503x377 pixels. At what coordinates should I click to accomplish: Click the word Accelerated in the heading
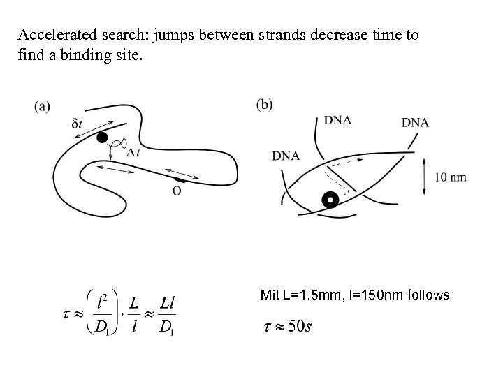(x=51, y=35)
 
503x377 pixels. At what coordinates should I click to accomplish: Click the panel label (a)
(x=42, y=106)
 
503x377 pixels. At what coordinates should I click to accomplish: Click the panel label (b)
(x=265, y=105)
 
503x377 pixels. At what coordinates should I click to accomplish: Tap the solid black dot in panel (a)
(x=103, y=138)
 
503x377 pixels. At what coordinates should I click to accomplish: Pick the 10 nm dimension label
(x=450, y=177)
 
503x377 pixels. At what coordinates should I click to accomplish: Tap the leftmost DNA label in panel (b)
(x=286, y=156)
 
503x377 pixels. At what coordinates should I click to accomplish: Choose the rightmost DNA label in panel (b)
(x=415, y=124)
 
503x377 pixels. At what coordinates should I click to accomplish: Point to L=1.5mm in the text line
(x=304, y=295)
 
